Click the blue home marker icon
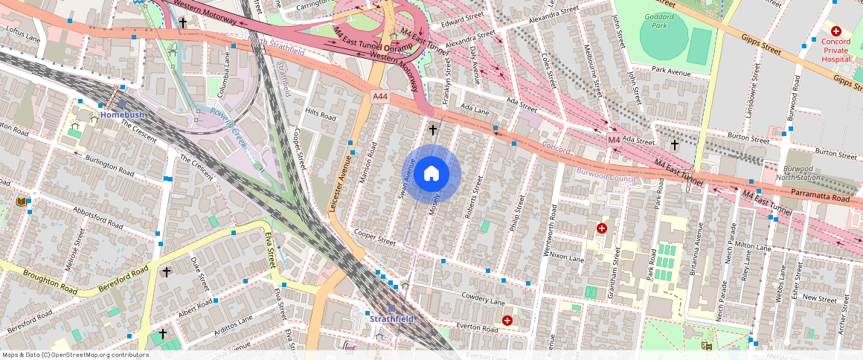click(x=431, y=174)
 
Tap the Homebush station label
click(x=121, y=115)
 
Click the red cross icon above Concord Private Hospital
click(x=836, y=31)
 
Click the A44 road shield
click(x=380, y=97)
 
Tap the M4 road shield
click(x=614, y=140)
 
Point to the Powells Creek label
click(x=228, y=126)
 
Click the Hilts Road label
click(x=321, y=114)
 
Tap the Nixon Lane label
click(x=566, y=257)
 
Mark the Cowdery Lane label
click(x=483, y=298)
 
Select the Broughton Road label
click(x=49, y=281)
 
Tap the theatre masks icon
click(x=705, y=346)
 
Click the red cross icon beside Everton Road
click(x=507, y=321)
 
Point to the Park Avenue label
click(x=671, y=71)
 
